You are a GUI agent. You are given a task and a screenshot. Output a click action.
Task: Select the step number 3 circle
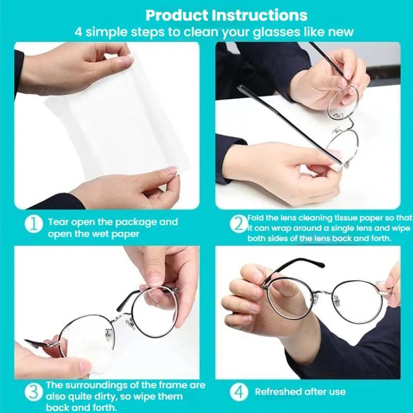click(34, 392)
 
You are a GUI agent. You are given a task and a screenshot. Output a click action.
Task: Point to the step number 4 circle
click(239, 392)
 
